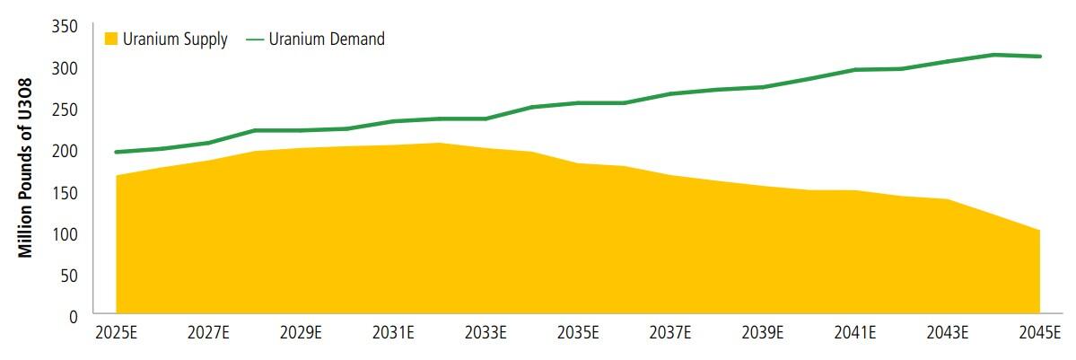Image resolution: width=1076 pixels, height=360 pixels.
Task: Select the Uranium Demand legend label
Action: tap(327, 39)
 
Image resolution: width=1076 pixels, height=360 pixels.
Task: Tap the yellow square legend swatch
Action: tap(111, 39)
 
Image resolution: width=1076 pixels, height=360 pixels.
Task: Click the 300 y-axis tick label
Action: tap(66, 68)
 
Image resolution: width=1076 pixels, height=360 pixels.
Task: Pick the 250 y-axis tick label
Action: tap(66, 110)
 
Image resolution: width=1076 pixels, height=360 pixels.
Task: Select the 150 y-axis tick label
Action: tap(66, 192)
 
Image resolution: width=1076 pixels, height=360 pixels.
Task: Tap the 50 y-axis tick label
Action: tap(70, 275)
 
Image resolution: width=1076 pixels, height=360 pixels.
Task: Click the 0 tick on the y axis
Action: tap(74, 316)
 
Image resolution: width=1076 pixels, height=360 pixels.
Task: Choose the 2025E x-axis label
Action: tap(117, 334)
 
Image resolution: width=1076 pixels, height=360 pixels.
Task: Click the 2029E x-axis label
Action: tap(302, 334)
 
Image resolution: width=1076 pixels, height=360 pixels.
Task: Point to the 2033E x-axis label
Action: tap(486, 334)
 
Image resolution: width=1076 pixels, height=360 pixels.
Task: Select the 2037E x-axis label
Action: tap(670, 334)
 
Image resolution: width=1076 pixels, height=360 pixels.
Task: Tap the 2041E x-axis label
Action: tap(855, 334)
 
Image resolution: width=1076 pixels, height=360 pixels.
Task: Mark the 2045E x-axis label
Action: tap(1039, 334)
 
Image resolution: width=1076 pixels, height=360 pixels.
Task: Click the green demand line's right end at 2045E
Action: tap(1039, 57)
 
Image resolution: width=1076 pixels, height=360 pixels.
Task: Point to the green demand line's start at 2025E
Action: tap(117, 152)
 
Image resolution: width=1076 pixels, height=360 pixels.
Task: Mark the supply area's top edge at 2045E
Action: tap(1039, 231)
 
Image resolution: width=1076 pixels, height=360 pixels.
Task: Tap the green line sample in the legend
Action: tap(254, 39)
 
